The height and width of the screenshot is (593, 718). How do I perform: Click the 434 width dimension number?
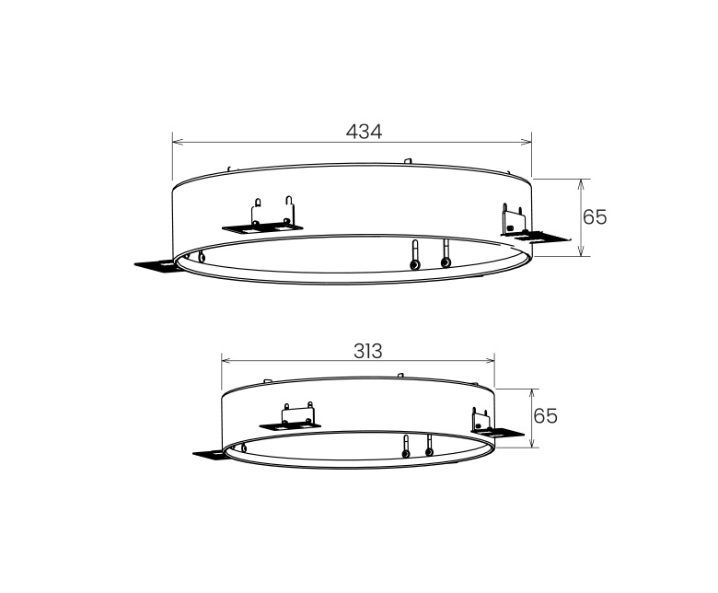tap(364, 131)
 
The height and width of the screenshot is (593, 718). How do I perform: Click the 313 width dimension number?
tap(367, 351)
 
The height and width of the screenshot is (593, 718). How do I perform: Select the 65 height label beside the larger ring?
tap(595, 216)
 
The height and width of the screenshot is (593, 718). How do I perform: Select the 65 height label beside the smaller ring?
tap(546, 416)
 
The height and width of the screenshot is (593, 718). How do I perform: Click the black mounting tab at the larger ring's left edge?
tap(156, 265)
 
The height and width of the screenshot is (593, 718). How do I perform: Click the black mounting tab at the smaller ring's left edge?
tap(210, 453)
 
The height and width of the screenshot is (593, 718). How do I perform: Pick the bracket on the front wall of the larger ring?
tap(273, 216)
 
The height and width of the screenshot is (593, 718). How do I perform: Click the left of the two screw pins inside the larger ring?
tap(416, 257)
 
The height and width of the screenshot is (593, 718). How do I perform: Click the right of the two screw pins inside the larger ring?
tap(446, 255)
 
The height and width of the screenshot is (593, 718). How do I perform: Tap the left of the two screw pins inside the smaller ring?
tap(406, 448)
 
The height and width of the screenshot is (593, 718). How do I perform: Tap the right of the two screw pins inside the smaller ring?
tap(429, 447)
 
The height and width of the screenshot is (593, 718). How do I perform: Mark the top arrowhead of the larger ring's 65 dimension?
tap(580, 183)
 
